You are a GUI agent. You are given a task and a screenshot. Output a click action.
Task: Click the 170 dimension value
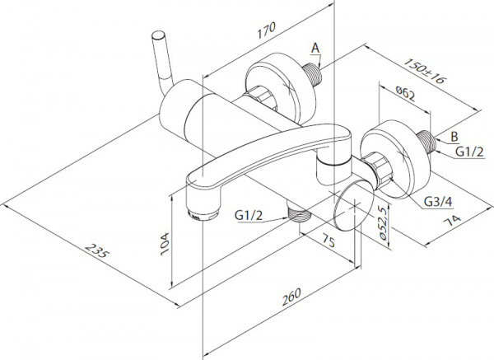pos(267,30)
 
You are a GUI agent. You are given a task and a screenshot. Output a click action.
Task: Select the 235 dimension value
pos(97,250)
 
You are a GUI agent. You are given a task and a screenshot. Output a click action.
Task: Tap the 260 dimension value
pos(291,297)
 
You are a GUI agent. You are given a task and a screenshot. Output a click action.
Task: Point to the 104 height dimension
pos(165,245)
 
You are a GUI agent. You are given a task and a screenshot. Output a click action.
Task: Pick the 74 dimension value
pos(452,221)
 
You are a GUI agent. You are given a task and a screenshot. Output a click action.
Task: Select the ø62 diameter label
pos(405,93)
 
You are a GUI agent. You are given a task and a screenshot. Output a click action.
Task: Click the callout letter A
pos(315,49)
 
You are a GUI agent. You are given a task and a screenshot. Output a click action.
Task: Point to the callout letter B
pos(454,137)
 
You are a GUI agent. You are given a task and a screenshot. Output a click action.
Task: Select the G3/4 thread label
pos(438,202)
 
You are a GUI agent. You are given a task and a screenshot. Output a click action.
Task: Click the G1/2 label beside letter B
pos(470,152)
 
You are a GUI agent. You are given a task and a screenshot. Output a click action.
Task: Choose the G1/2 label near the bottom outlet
pos(249,216)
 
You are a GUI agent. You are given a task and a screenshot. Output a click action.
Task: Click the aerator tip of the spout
pos(203,215)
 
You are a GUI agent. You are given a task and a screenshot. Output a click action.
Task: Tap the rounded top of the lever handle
pos(158,35)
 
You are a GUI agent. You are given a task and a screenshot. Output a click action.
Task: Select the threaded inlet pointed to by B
pos(426,141)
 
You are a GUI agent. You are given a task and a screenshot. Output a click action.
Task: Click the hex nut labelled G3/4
pos(380,167)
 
